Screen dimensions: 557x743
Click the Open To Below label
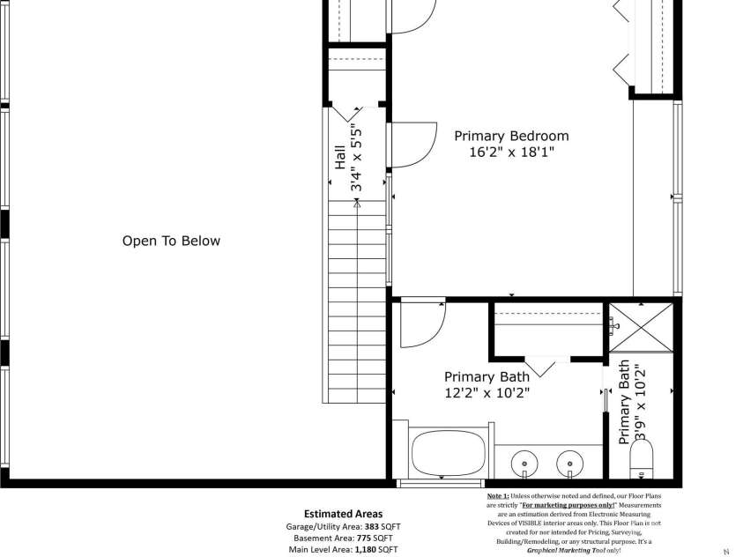click(x=171, y=241)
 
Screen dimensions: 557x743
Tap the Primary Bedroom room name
click(x=511, y=136)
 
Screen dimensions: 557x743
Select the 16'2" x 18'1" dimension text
click(x=511, y=152)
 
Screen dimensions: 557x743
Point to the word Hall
click(x=339, y=160)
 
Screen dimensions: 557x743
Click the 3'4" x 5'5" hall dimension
click(x=357, y=158)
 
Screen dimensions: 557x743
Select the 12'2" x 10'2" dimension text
click(x=487, y=393)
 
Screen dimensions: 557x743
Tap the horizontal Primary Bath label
click(x=487, y=376)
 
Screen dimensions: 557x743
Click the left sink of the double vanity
click(x=526, y=462)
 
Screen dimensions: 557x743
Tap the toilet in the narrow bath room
click(x=641, y=461)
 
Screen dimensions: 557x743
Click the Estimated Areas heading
click(x=343, y=514)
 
